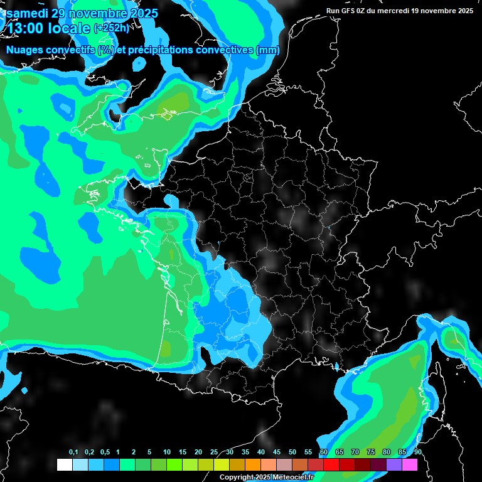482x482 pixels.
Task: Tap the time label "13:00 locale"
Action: pos(48,28)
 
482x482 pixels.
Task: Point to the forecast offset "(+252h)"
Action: pos(112,28)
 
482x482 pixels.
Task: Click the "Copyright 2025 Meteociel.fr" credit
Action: pos(276,478)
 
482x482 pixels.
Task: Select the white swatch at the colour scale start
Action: pos(64,465)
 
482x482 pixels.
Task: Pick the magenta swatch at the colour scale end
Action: pos(410,465)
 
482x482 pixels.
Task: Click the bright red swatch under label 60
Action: pos(331,465)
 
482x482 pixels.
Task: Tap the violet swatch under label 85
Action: pos(394,465)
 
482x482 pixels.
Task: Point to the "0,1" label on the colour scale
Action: pos(73,453)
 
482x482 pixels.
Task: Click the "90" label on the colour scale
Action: pos(417,453)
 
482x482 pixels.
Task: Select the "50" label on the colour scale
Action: pos(292,453)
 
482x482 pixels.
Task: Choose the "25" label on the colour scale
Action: pos(214,453)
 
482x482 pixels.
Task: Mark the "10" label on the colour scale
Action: pos(167,453)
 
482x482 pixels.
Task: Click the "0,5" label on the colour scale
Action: pos(105,453)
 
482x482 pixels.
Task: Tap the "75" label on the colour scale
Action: pos(371,453)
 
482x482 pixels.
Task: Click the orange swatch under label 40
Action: pos(253,465)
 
